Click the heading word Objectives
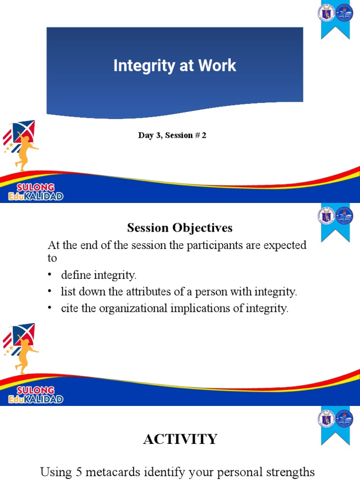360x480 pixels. (x=202, y=228)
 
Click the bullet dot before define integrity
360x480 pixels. (x=50, y=275)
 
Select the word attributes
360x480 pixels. (x=128, y=292)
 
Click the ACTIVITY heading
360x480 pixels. (x=180, y=439)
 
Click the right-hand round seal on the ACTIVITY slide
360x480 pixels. (x=344, y=419)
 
